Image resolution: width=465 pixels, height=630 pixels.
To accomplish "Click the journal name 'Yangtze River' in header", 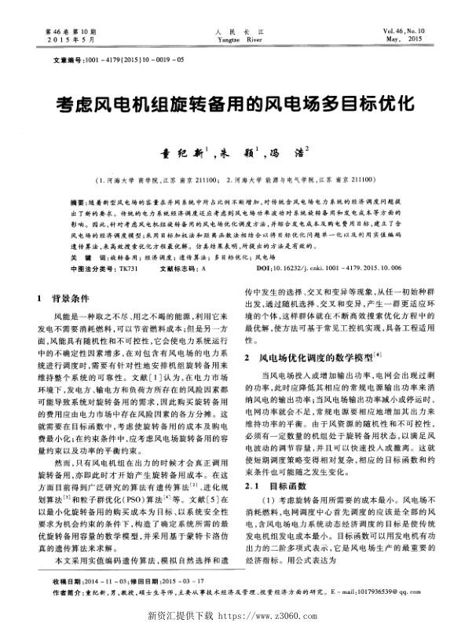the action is tap(233, 37).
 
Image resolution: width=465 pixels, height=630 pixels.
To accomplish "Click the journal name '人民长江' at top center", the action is tap(233, 29).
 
